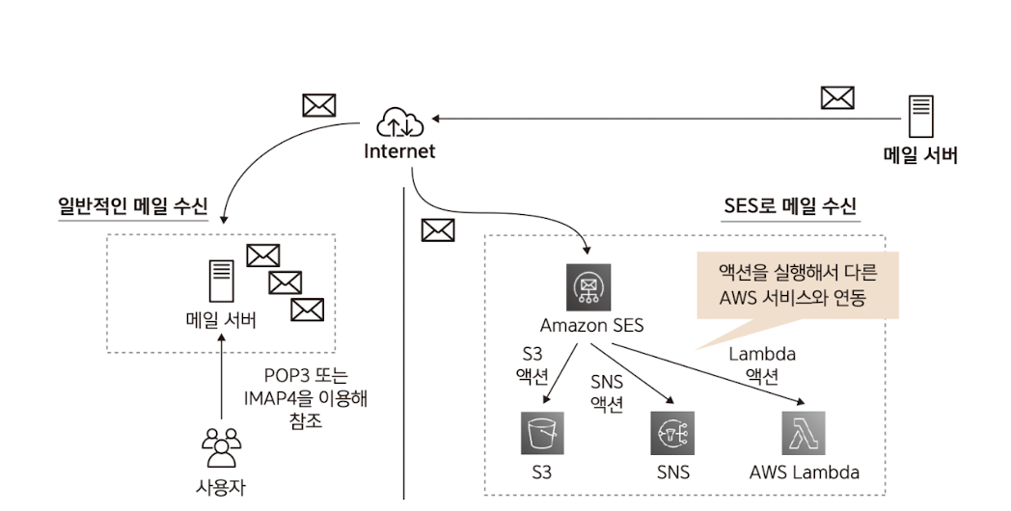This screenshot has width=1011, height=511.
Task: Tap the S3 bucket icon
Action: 541,433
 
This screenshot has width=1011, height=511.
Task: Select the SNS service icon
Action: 672,433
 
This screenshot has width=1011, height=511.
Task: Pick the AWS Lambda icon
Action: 804,433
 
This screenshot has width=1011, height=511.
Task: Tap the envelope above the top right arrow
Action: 836,97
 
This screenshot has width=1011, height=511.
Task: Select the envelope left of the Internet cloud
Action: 318,105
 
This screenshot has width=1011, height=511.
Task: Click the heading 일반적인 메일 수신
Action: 132,205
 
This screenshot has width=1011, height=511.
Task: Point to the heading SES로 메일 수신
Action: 790,205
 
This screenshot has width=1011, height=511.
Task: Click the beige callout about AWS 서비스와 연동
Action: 797,284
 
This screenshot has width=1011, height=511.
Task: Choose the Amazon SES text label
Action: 591,324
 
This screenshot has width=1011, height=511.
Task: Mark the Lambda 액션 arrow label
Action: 762,365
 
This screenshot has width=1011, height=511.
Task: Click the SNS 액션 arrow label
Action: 606,392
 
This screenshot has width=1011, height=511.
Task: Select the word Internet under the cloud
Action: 399,151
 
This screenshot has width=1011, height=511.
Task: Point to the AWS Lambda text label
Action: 804,472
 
